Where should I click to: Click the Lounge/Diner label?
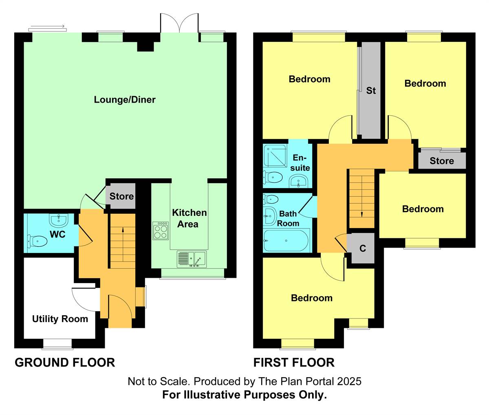(125, 99)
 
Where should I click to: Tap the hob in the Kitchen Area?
(161, 231)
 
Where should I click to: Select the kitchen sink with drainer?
(192, 259)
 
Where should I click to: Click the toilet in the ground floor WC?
(37, 242)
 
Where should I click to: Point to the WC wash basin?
(59, 220)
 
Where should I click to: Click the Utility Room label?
(60, 319)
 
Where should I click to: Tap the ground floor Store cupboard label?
(121, 196)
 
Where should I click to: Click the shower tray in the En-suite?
(275, 156)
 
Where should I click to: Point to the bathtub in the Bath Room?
(286, 241)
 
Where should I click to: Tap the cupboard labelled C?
(363, 248)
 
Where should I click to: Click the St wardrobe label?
(371, 90)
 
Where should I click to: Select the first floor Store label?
(442, 161)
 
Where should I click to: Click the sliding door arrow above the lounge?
(48, 26)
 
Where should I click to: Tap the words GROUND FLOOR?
(65, 362)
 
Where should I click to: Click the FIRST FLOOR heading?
(294, 362)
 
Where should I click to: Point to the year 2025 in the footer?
(349, 381)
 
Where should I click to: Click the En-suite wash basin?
(299, 181)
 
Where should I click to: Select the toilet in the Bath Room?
(271, 199)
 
